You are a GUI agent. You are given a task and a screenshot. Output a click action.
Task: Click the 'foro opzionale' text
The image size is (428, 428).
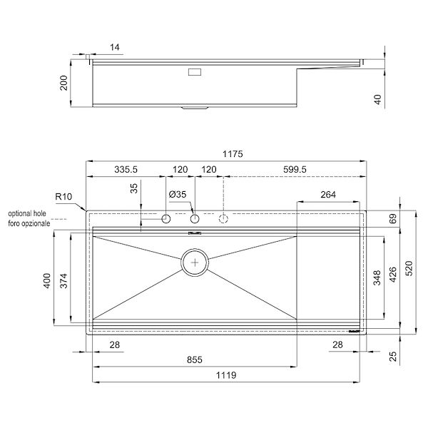click(30, 223)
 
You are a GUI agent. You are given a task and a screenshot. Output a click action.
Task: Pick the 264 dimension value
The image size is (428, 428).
click(328, 194)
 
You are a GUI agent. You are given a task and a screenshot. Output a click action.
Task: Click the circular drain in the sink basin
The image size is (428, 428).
click(195, 262)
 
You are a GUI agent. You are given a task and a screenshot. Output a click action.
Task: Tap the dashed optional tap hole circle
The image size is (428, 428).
click(223, 218)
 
